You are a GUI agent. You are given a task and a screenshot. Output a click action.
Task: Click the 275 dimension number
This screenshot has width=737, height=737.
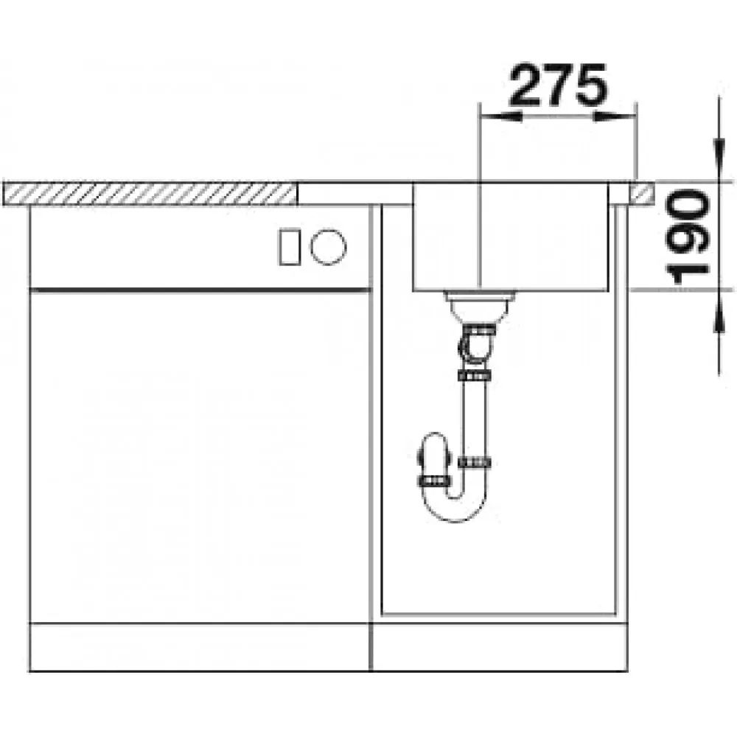(x=558, y=84)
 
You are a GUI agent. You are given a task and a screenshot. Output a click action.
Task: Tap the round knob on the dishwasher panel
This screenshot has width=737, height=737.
(x=328, y=246)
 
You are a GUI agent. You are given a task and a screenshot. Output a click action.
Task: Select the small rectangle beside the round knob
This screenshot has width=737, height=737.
(x=289, y=247)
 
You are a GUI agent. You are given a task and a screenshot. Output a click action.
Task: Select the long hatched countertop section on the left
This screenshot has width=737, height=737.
(x=150, y=194)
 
